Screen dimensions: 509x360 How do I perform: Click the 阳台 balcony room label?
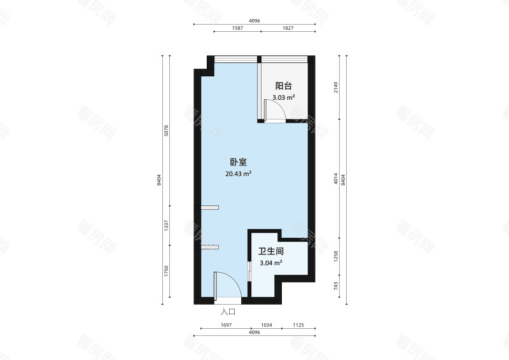[283, 86]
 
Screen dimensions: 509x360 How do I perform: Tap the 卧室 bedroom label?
[239, 162]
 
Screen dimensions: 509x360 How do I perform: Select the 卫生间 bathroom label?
[271, 251]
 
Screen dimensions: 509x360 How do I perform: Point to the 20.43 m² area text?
[239, 174]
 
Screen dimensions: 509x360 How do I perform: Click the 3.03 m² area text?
[284, 97]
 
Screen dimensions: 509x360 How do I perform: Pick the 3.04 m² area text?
[271, 263]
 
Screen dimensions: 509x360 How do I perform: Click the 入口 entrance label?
[228, 312]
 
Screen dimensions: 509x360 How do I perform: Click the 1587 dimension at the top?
[237, 28]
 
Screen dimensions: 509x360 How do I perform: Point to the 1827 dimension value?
[288, 28]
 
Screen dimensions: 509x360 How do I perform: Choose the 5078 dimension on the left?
[167, 130]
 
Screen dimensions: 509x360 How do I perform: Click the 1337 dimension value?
[167, 225]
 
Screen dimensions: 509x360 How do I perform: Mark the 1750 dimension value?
[167, 271]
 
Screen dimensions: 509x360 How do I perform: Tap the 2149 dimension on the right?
[336, 87]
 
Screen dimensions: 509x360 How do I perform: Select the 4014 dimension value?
[336, 179]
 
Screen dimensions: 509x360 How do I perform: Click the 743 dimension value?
[336, 286]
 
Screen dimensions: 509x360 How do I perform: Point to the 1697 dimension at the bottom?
[226, 325]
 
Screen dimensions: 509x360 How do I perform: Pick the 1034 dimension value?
[266, 325]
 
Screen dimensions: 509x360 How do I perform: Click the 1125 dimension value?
[298, 325]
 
